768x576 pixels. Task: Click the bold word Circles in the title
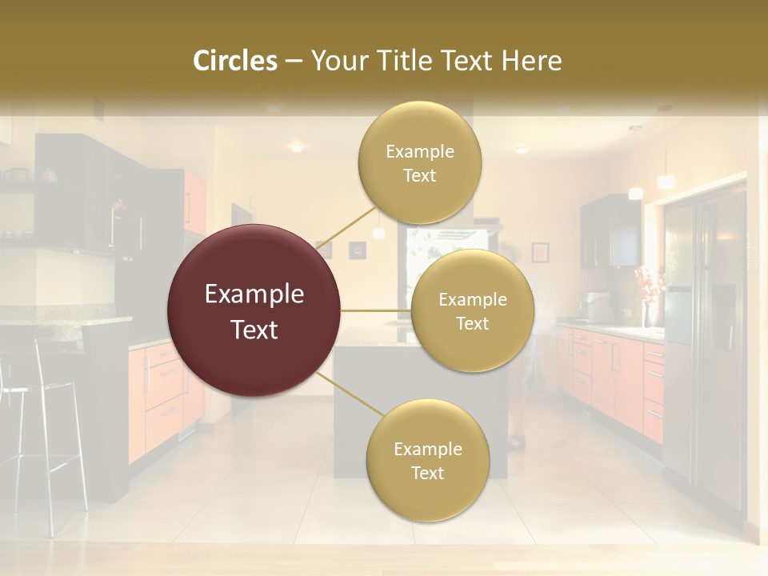click(x=235, y=61)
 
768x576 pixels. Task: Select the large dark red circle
click(x=254, y=311)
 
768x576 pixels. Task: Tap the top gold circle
click(x=419, y=163)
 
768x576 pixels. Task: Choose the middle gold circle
click(x=472, y=311)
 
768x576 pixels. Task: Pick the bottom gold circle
click(x=427, y=461)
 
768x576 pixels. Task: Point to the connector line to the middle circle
click(x=376, y=310)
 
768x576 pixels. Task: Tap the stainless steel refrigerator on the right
click(x=704, y=336)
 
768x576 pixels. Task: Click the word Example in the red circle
click(x=254, y=294)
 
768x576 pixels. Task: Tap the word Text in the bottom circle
click(x=427, y=473)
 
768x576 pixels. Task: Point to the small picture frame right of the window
click(x=540, y=252)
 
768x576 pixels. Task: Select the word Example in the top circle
click(x=419, y=151)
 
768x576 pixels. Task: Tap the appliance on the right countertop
click(x=596, y=307)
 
